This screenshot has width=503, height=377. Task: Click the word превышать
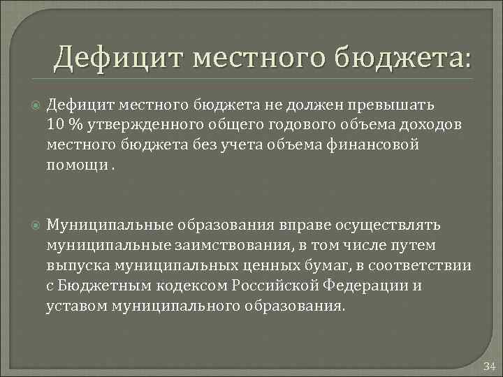pos(397,105)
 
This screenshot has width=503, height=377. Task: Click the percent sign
pos(76,124)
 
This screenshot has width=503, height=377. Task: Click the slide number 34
pos(489,367)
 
